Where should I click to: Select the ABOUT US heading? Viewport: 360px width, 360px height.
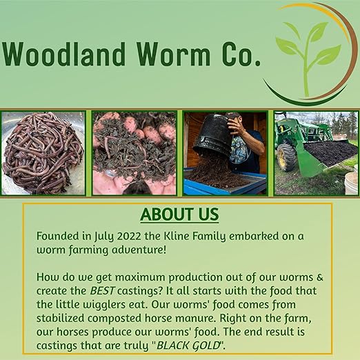point(179,214)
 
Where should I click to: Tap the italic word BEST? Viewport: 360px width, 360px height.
point(102,291)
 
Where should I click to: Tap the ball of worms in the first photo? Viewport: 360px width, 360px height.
point(43,154)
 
